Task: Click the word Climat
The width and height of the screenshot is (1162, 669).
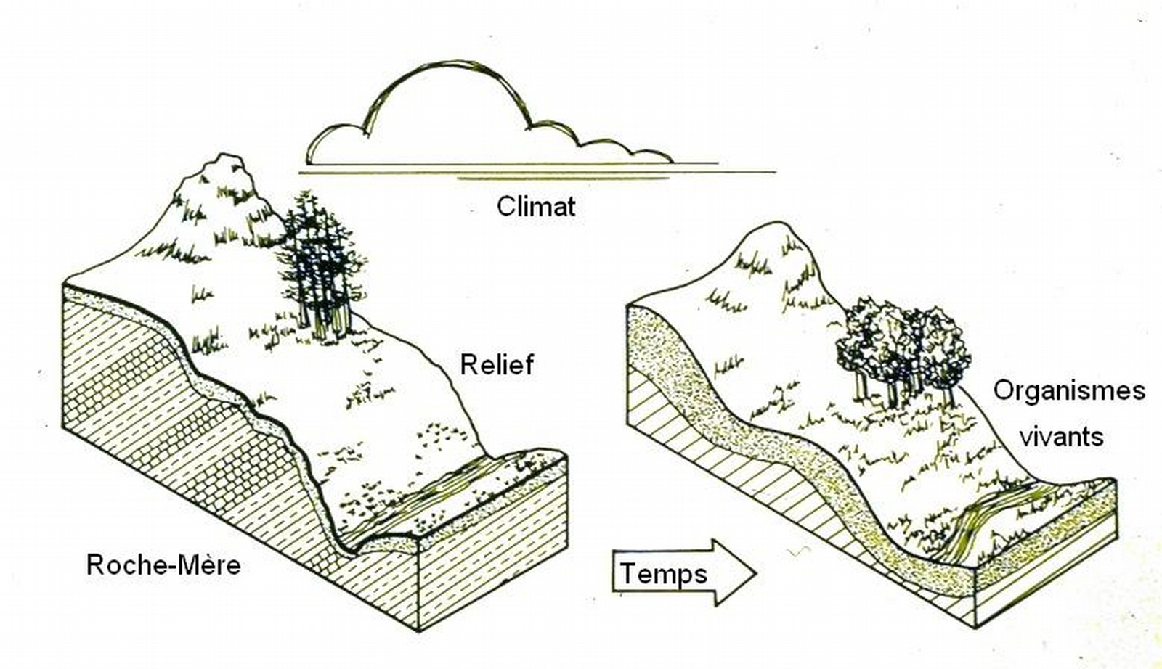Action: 536,207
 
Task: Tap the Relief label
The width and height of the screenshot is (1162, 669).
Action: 497,364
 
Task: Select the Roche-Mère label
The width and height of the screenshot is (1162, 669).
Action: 163,565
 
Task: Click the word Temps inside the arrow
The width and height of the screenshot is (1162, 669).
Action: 663,574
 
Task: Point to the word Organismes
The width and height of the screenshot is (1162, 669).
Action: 1068,390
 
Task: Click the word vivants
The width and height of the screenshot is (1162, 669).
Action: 1061,437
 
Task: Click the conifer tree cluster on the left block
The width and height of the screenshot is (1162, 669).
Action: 320,254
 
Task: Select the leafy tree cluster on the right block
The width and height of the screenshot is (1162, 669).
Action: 904,341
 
